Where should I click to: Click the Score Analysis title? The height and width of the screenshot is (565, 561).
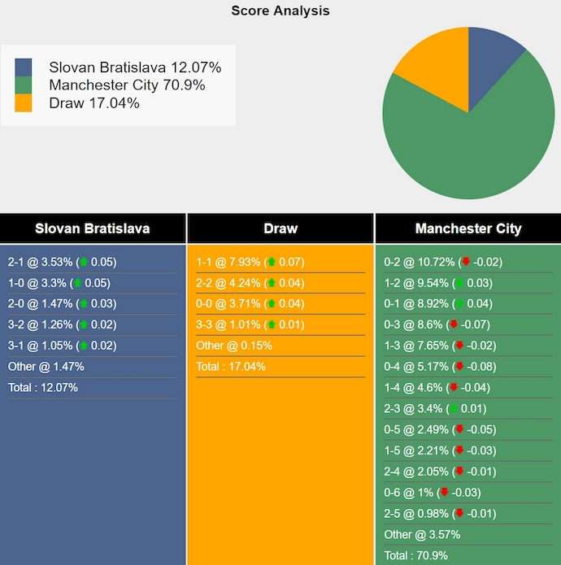280,11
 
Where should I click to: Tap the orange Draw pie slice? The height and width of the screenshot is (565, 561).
431,69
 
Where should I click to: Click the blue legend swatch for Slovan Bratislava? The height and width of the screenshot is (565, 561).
24,67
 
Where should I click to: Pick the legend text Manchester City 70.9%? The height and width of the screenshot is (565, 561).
127,85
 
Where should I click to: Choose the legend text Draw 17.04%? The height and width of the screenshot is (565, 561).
94,103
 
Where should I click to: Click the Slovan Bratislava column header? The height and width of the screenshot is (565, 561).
93,228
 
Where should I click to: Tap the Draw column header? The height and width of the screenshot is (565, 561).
280,228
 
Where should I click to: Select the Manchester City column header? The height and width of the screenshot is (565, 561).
468,228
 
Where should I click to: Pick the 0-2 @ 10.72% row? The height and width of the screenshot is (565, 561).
443,262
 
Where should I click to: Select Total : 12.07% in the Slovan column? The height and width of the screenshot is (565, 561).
43,388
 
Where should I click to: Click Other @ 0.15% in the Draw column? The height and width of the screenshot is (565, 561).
234,346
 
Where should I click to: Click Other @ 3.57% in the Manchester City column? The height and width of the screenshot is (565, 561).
422,535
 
